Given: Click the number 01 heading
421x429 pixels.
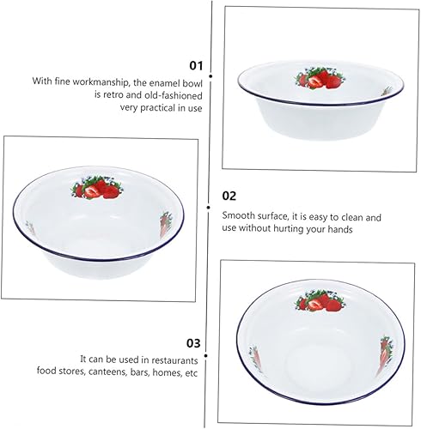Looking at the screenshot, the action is point(196,66).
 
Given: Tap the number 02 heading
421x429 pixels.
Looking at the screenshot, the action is point(229,196).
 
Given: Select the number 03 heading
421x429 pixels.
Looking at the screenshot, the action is point(193,343).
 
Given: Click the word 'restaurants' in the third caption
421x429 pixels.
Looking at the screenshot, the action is point(174,360).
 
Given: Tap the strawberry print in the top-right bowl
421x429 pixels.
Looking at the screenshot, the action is point(320,77).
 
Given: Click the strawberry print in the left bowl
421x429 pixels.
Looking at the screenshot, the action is point(96,188).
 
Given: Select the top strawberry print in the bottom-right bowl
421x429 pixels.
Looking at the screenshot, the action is point(320,300).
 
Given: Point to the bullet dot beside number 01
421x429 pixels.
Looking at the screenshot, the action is point(210,76).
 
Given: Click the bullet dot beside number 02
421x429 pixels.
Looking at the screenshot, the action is point(209,208).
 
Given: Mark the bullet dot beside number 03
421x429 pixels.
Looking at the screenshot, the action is point(206,355).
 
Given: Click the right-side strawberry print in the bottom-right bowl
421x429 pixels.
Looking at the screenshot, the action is point(386,355).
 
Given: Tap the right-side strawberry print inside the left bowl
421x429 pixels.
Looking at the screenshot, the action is point(165,225).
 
